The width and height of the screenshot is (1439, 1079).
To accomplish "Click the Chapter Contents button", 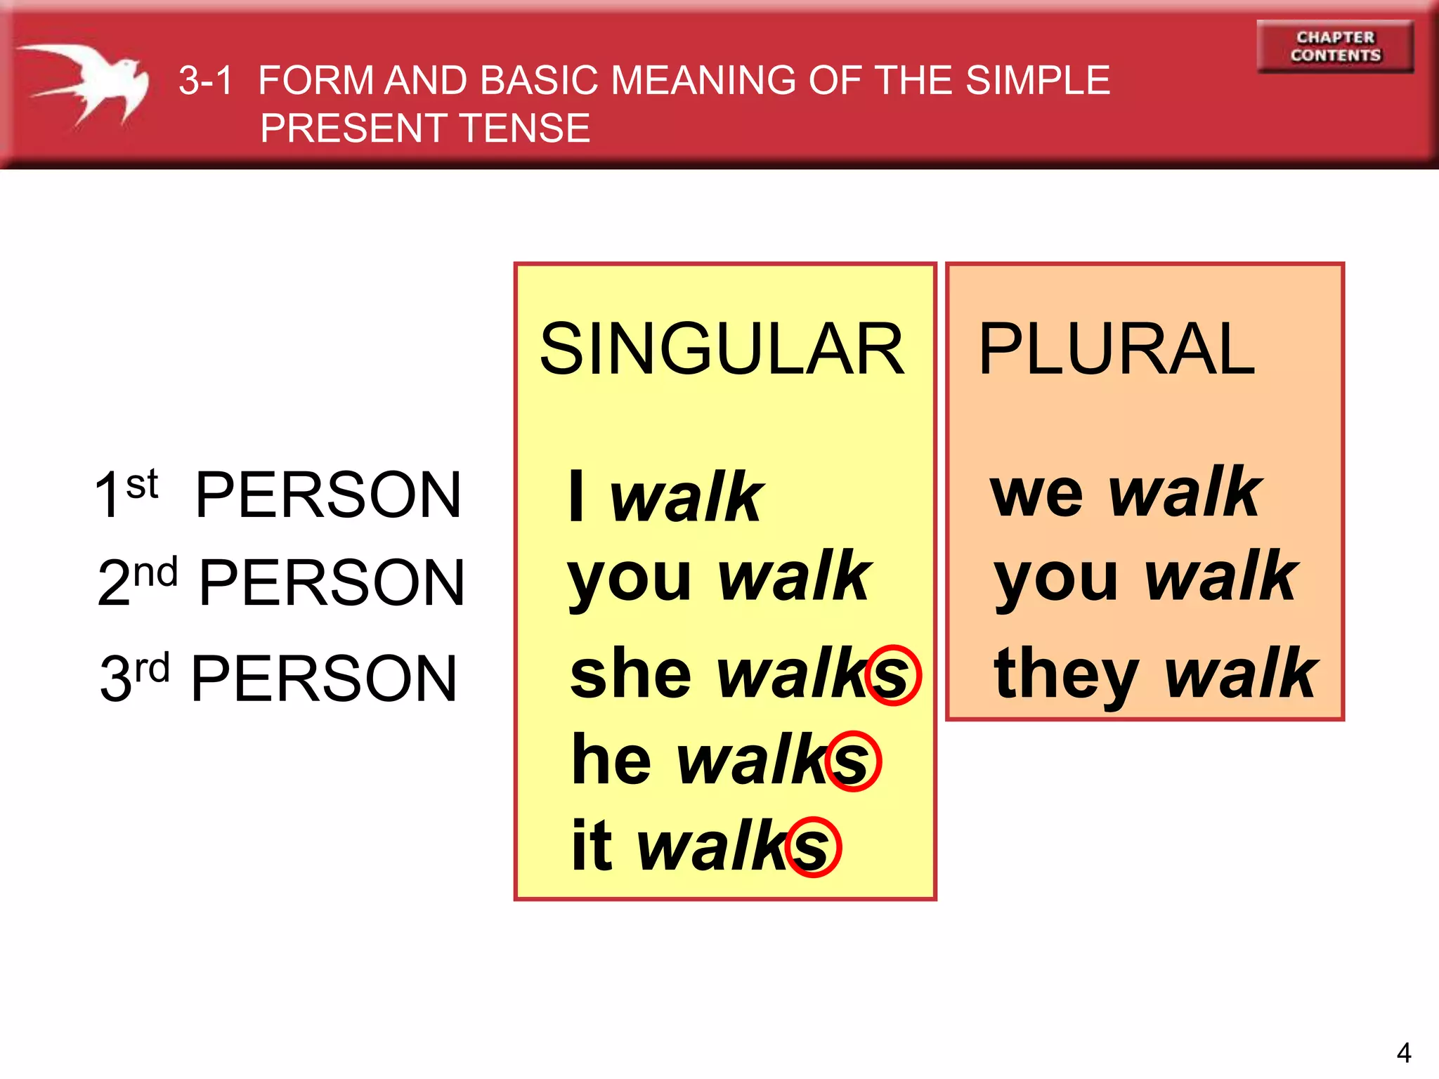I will [1335, 46].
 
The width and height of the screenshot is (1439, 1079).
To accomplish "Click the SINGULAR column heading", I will [722, 349].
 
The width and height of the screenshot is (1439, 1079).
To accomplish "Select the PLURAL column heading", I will [1116, 349].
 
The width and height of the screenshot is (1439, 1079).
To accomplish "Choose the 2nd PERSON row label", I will [281, 582].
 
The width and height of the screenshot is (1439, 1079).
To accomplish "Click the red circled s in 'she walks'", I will [892, 675].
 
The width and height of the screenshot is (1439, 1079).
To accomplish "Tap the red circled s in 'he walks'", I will [852, 761].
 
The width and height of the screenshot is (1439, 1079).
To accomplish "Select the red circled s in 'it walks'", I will [813, 847].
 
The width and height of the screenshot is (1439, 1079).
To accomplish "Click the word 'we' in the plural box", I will [1036, 494].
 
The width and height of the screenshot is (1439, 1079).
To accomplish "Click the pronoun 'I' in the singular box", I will [576, 496].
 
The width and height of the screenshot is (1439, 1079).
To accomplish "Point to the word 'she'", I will [630, 674].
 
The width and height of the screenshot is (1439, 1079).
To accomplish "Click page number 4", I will [1403, 1052].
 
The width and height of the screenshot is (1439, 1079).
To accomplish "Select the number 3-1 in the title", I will [204, 81].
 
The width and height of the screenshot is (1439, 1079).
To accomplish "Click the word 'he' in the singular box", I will [611, 760].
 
